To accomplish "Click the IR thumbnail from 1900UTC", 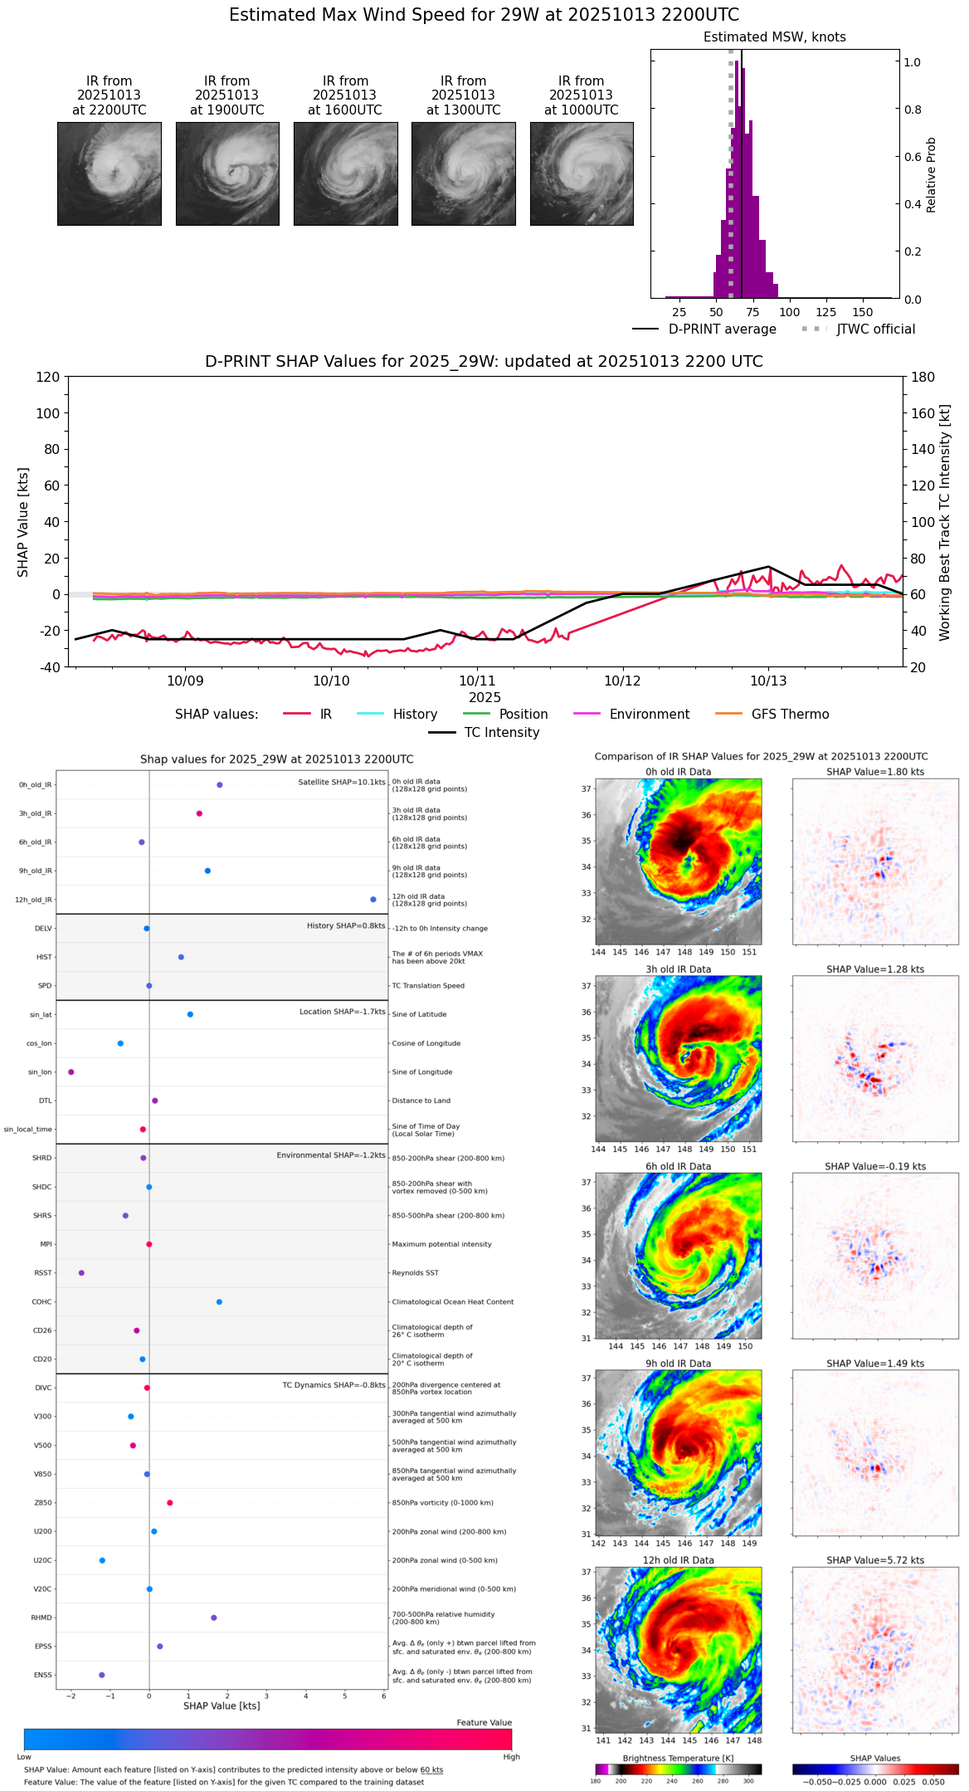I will (227, 173).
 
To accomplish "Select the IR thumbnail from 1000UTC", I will (582, 173).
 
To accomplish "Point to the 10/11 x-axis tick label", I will (477, 681).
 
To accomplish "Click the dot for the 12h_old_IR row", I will (373, 900).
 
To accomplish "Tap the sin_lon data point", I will (71, 1072).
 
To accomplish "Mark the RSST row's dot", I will (81, 1273).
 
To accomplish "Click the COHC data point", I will (219, 1302).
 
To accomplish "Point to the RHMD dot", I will (214, 1618).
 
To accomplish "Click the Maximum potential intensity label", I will (441, 1244).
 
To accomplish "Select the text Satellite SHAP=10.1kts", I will (342, 783).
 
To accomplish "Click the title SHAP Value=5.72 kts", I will (875, 1560).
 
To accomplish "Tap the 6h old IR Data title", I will (678, 1166).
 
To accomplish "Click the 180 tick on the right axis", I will (923, 378).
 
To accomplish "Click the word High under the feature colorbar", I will (511, 1757).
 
